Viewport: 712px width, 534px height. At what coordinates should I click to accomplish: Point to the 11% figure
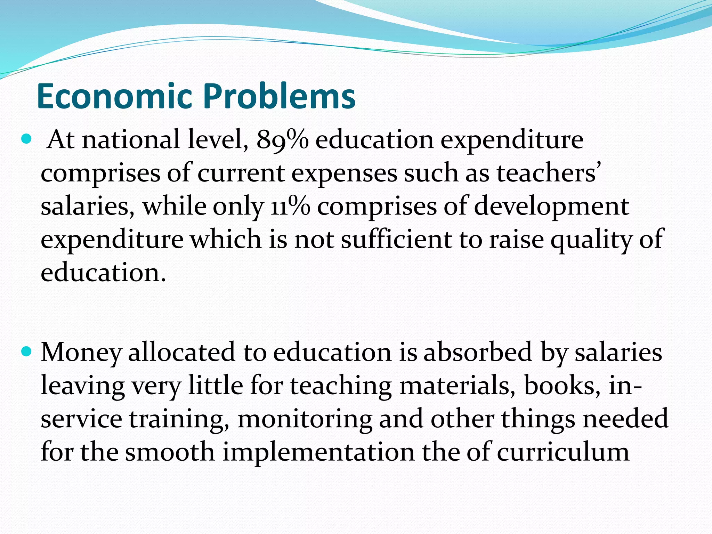(x=290, y=207)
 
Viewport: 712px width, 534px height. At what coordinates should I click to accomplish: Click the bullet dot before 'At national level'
(x=26, y=140)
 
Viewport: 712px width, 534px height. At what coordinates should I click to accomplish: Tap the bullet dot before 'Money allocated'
(x=26, y=352)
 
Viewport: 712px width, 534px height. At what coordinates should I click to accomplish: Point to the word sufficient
(x=396, y=240)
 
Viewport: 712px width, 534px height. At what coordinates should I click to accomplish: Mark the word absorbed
(x=478, y=352)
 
